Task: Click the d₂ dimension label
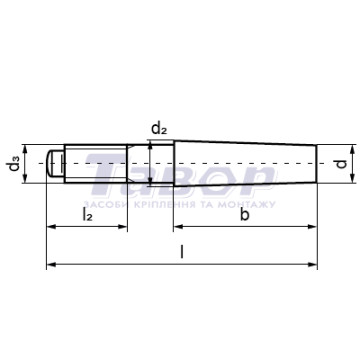coord(159,129)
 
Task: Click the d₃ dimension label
coord(15,164)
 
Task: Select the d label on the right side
coord(342,164)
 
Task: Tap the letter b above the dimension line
coord(245,215)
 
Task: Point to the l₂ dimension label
coord(87,216)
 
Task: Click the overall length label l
coord(182,252)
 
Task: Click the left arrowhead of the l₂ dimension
coord(51,227)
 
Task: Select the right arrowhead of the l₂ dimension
coord(123,227)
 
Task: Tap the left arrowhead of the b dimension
coord(178,227)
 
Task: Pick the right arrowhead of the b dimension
coord(312,227)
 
